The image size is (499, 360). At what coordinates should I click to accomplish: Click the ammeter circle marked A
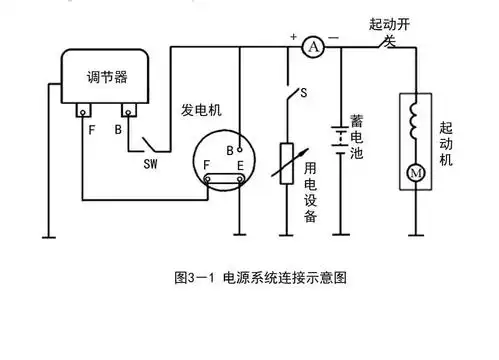[313, 46]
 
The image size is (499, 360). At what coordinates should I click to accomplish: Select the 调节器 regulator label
[104, 77]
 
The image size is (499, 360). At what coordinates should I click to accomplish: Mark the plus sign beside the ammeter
[293, 37]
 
